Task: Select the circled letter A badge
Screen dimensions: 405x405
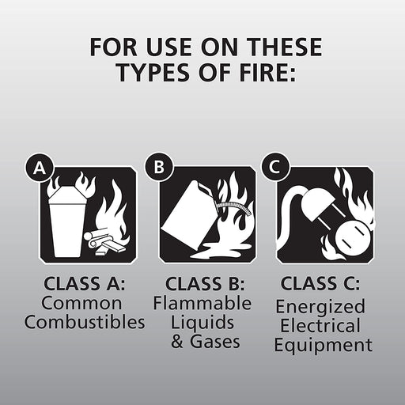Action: [36, 168]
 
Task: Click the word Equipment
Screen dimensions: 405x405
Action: [325, 345]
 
